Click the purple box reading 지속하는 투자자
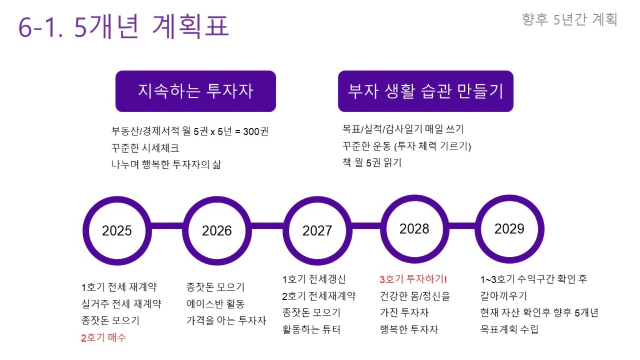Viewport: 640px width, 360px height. (196, 91)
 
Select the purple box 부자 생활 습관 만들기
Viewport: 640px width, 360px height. (426, 91)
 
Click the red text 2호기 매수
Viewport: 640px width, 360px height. (104, 338)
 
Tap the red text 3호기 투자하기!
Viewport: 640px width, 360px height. (413, 279)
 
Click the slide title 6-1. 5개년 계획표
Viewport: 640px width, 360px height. (124, 26)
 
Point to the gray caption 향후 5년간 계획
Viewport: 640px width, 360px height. (569, 19)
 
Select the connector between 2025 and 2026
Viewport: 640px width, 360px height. (167, 226)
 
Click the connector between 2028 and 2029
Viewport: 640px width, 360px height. (463, 226)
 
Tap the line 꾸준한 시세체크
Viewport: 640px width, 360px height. (145, 148)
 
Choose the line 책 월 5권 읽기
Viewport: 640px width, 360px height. (372, 162)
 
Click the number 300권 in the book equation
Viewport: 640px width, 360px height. (256, 132)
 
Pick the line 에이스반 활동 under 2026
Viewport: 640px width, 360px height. (215, 304)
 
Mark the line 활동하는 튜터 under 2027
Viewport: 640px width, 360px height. (311, 329)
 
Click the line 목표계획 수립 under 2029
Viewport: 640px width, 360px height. (509, 329)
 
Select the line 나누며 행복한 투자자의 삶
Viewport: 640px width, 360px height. (166, 165)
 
